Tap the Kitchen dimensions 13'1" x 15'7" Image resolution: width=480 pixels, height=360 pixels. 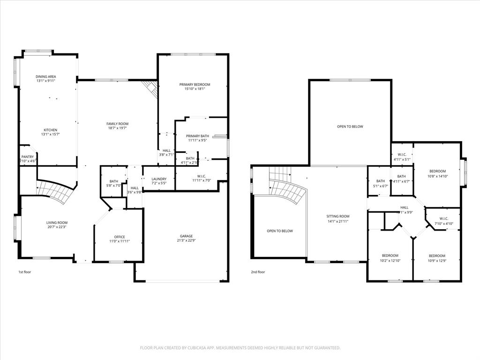50,134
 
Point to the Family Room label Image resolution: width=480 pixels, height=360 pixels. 117,124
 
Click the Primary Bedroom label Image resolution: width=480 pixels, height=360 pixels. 195,84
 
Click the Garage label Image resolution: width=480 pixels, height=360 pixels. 186,236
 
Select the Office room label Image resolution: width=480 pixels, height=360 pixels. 120,237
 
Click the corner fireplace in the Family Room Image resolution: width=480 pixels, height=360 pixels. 150,88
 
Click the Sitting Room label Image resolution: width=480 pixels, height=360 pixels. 338,217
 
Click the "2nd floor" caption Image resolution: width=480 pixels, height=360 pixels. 258,272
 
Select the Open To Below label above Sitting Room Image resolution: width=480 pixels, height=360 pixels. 350,127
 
